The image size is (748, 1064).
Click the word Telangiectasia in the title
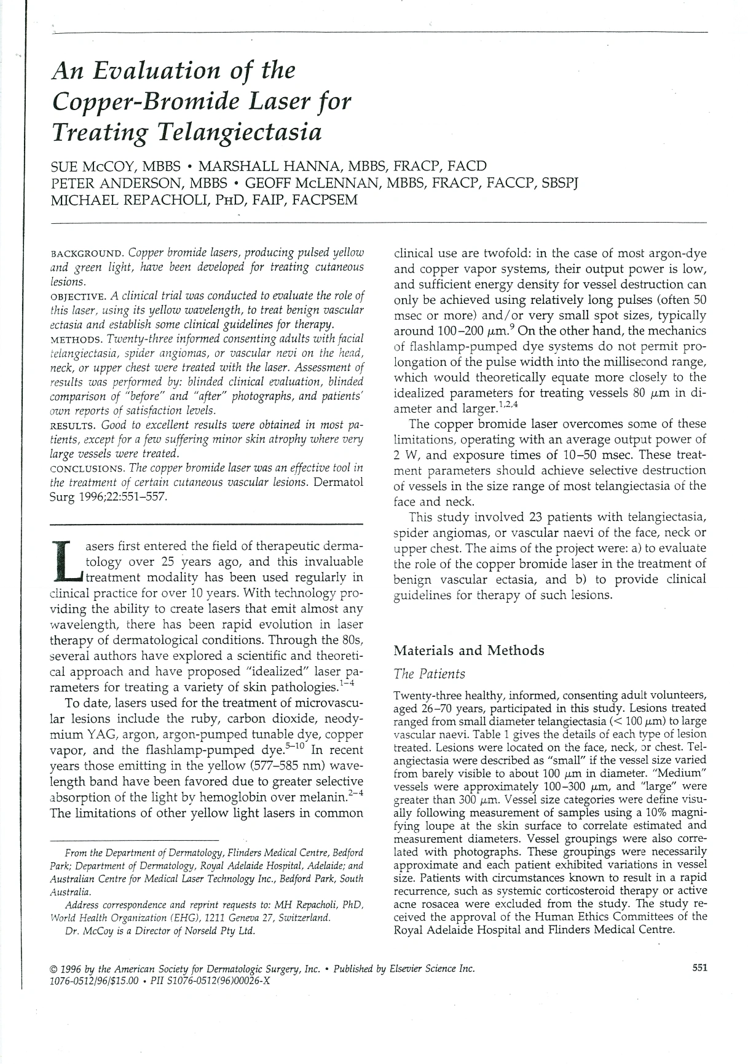pyautogui.click(x=219, y=133)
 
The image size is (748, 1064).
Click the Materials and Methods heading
pyautogui.click(x=468, y=651)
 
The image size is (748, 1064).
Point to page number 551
pyautogui.click(x=699, y=967)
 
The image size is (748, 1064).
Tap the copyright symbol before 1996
pyautogui.click(x=53, y=969)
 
